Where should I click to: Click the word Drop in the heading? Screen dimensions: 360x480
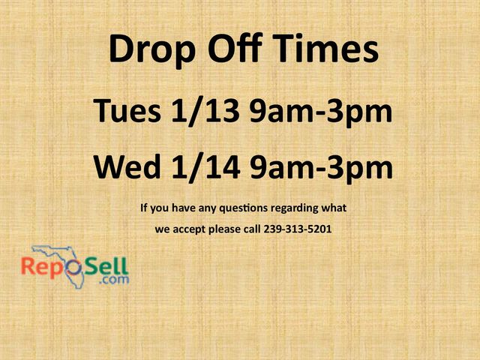[148, 50]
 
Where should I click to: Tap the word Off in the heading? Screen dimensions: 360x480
[230, 49]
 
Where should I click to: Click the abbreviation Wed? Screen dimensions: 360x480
[125, 167]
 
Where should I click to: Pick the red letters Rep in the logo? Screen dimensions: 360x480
[42, 267]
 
